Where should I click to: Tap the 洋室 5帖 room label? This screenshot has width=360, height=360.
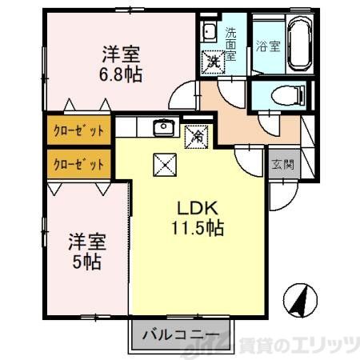[x=86, y=251]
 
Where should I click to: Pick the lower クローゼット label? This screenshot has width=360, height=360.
[x=78, y=165]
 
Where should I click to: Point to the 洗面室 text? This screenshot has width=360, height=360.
[x=230, y=45]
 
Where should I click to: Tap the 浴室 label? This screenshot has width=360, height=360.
[x=266, y=46]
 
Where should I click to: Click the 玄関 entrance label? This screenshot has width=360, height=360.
[x=282, y=165]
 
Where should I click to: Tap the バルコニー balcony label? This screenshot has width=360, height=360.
[x=181, y=334]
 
